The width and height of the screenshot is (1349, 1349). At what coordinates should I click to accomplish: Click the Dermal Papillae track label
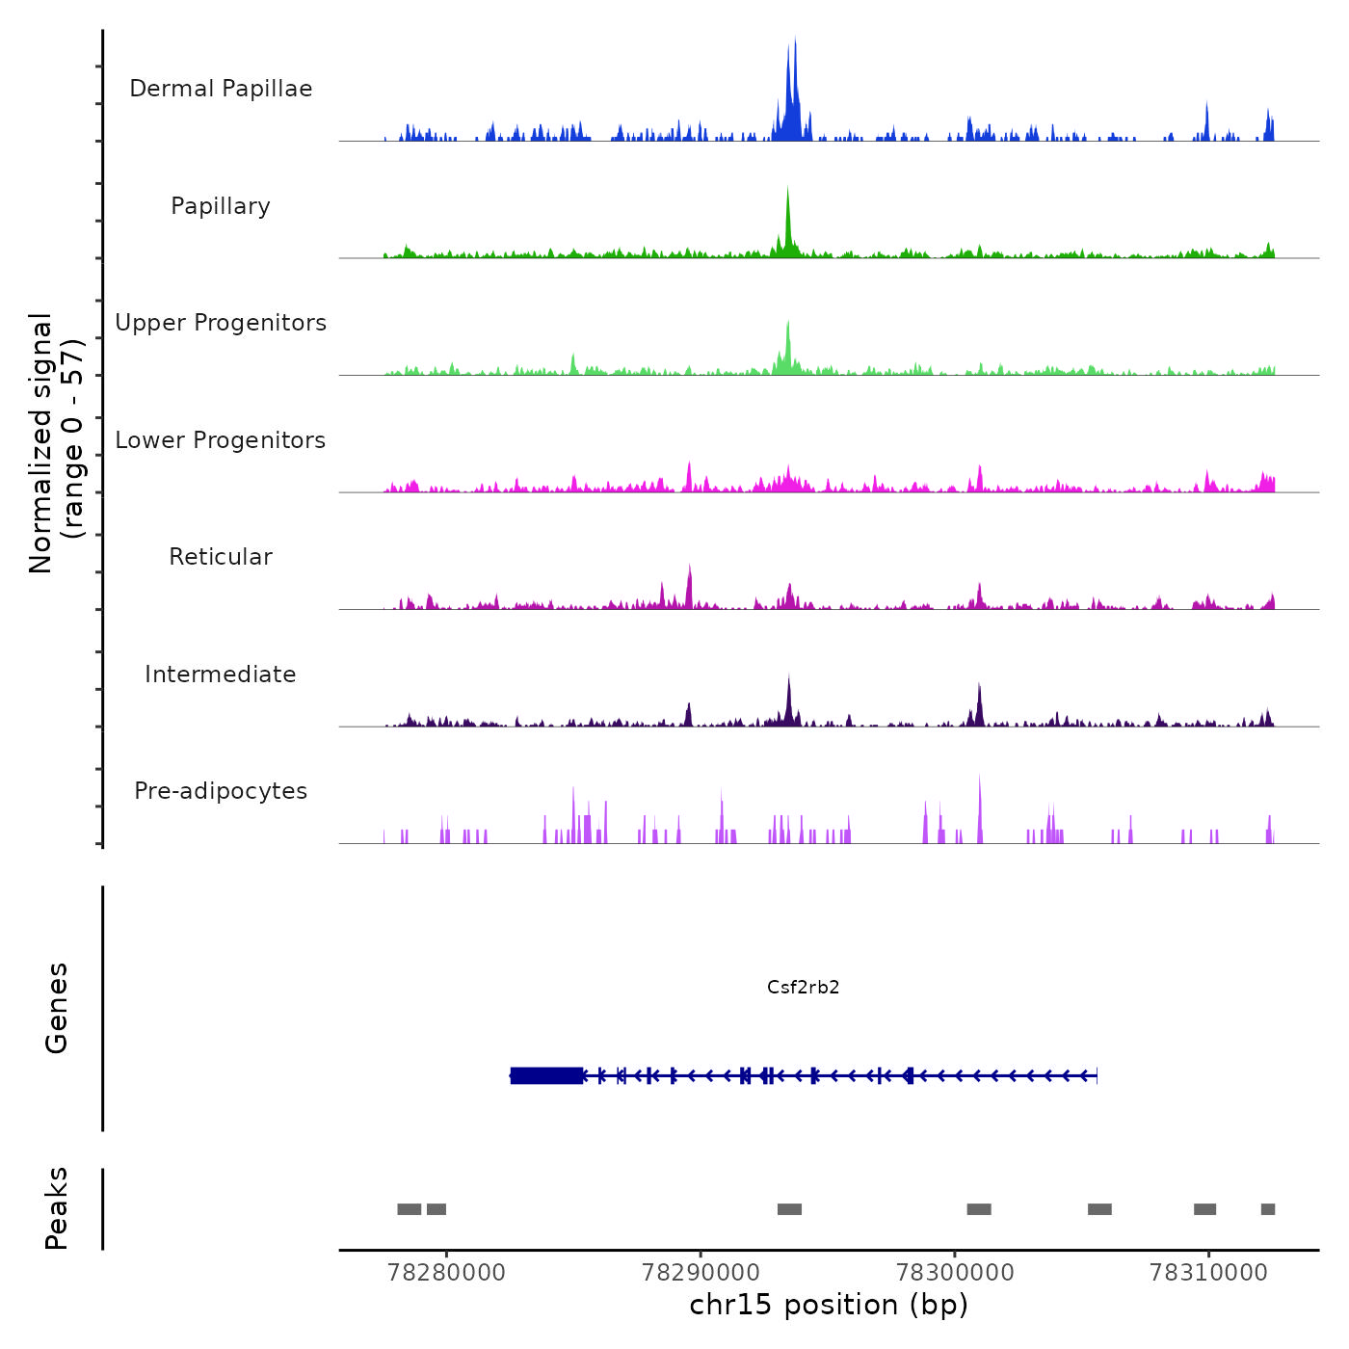click(x=221, y=89)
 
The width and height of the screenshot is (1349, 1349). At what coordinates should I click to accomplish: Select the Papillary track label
click(x=221, y=206)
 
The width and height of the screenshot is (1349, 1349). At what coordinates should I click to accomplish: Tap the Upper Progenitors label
click(x=221, y=323)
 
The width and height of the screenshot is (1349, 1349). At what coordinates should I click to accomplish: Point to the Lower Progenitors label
click(x=221, y=440)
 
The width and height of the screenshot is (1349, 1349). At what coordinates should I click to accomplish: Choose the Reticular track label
click(x=221, y=557)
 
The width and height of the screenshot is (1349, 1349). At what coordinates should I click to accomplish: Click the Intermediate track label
click(x=221, y=674)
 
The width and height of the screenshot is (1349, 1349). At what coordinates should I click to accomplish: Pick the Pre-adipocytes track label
click(x=221, y=791)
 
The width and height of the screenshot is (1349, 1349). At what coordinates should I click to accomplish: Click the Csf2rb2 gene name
click(x=803, y=987)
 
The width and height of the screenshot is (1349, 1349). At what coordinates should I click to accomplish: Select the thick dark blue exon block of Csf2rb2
click(x=546, y=1075)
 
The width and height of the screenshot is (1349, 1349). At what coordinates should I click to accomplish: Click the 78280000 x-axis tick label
click(x=446, y=1273)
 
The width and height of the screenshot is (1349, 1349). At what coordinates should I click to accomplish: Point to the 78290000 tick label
click(x=701, y=1273)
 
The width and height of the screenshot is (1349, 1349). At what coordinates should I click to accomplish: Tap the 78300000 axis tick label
click(x=955, y=1273)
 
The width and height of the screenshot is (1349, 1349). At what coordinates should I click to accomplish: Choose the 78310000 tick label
click(x=1208, y=1273)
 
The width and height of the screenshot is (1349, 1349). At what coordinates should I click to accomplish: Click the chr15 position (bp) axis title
click(x=829, y=1305)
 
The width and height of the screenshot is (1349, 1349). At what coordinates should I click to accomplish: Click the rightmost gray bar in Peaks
click(x=1267, y=1209)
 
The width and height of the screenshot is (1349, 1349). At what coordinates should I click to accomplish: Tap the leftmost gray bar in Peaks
click(x=410, y=1209)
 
